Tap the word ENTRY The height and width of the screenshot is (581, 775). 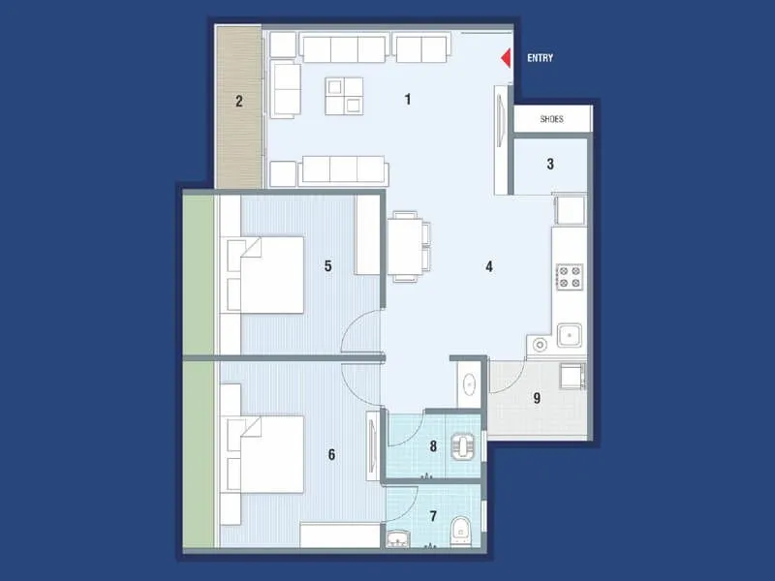[540, 58]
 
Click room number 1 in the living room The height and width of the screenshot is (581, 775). [408, 99]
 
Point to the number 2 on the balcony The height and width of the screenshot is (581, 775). [238, 100]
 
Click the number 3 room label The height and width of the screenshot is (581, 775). [550, 164]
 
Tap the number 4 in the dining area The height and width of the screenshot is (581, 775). [489, 266]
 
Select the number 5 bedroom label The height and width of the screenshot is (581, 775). [328, 265]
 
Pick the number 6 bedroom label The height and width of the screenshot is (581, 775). [331, 453]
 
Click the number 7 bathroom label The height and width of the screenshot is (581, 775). [433, 516]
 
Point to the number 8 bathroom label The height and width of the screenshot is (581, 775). [433, 446]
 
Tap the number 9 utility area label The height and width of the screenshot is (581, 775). [537, 397]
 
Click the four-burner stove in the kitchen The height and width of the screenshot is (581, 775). [570, 278]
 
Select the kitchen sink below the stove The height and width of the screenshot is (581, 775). [568, 338]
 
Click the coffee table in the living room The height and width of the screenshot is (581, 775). [344, 96]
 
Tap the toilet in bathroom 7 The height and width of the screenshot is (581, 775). [462, 530]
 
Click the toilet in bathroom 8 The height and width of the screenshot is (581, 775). [466, 447]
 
